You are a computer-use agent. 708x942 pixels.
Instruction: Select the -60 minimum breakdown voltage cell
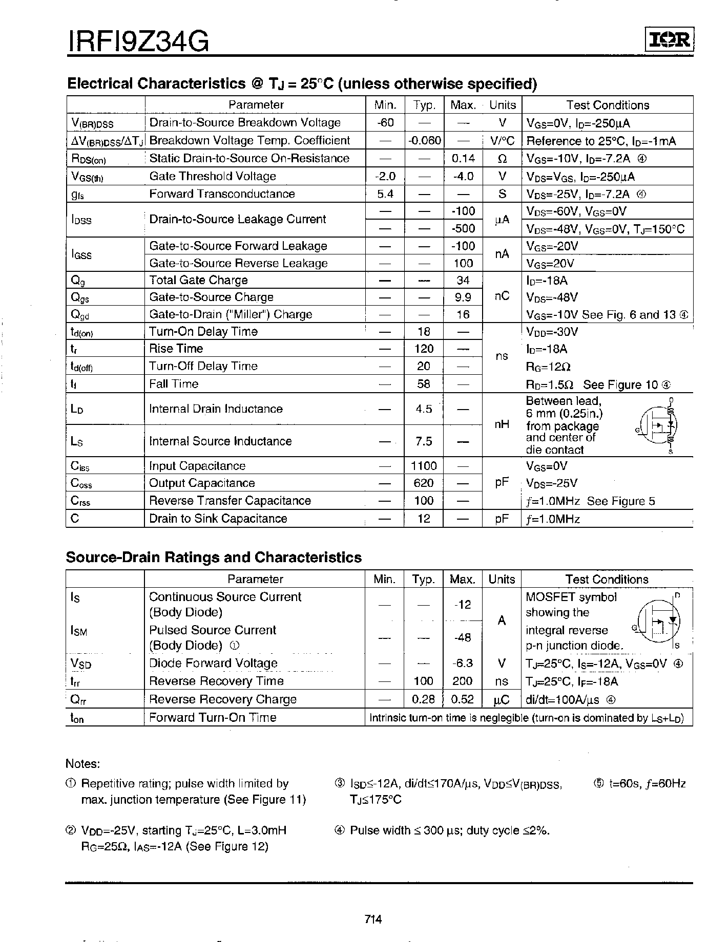pyautogui.click(x=385, y=122)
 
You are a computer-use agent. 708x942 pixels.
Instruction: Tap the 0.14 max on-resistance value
pyautogui.click(x=463, y=158)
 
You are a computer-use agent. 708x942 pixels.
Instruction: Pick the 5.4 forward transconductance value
pyautogui.click(x=385, y=194)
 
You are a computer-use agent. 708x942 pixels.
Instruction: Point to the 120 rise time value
pyautogui.click(x=424, y=349)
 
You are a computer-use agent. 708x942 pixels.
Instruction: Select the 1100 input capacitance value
pyautogui.click(x=424, y=466)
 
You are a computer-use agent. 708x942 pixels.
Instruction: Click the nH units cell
pyautogui.click(x=502, y=424)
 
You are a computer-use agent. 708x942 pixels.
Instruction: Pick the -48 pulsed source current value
pyautogui.click(x=463, y=637)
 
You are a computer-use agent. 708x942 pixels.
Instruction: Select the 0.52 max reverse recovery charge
pyautogui.click(x=463, y=699)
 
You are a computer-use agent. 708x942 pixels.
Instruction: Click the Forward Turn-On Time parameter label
pyautogui.click(x=213, y=717)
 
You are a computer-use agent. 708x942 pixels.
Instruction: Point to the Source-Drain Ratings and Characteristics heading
pyautogui.click(x=214, y=558)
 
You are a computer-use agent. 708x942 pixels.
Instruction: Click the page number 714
pyautogui.click(x=373, y=919)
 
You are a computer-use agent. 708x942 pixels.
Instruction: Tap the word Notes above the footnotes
pyautogui.click(x=82, y=764)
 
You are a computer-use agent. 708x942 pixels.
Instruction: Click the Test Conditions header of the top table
pyautogui.click(x=608, y=105)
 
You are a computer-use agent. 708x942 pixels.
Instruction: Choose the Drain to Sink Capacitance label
pyautogui.click(x=218, y=519)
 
